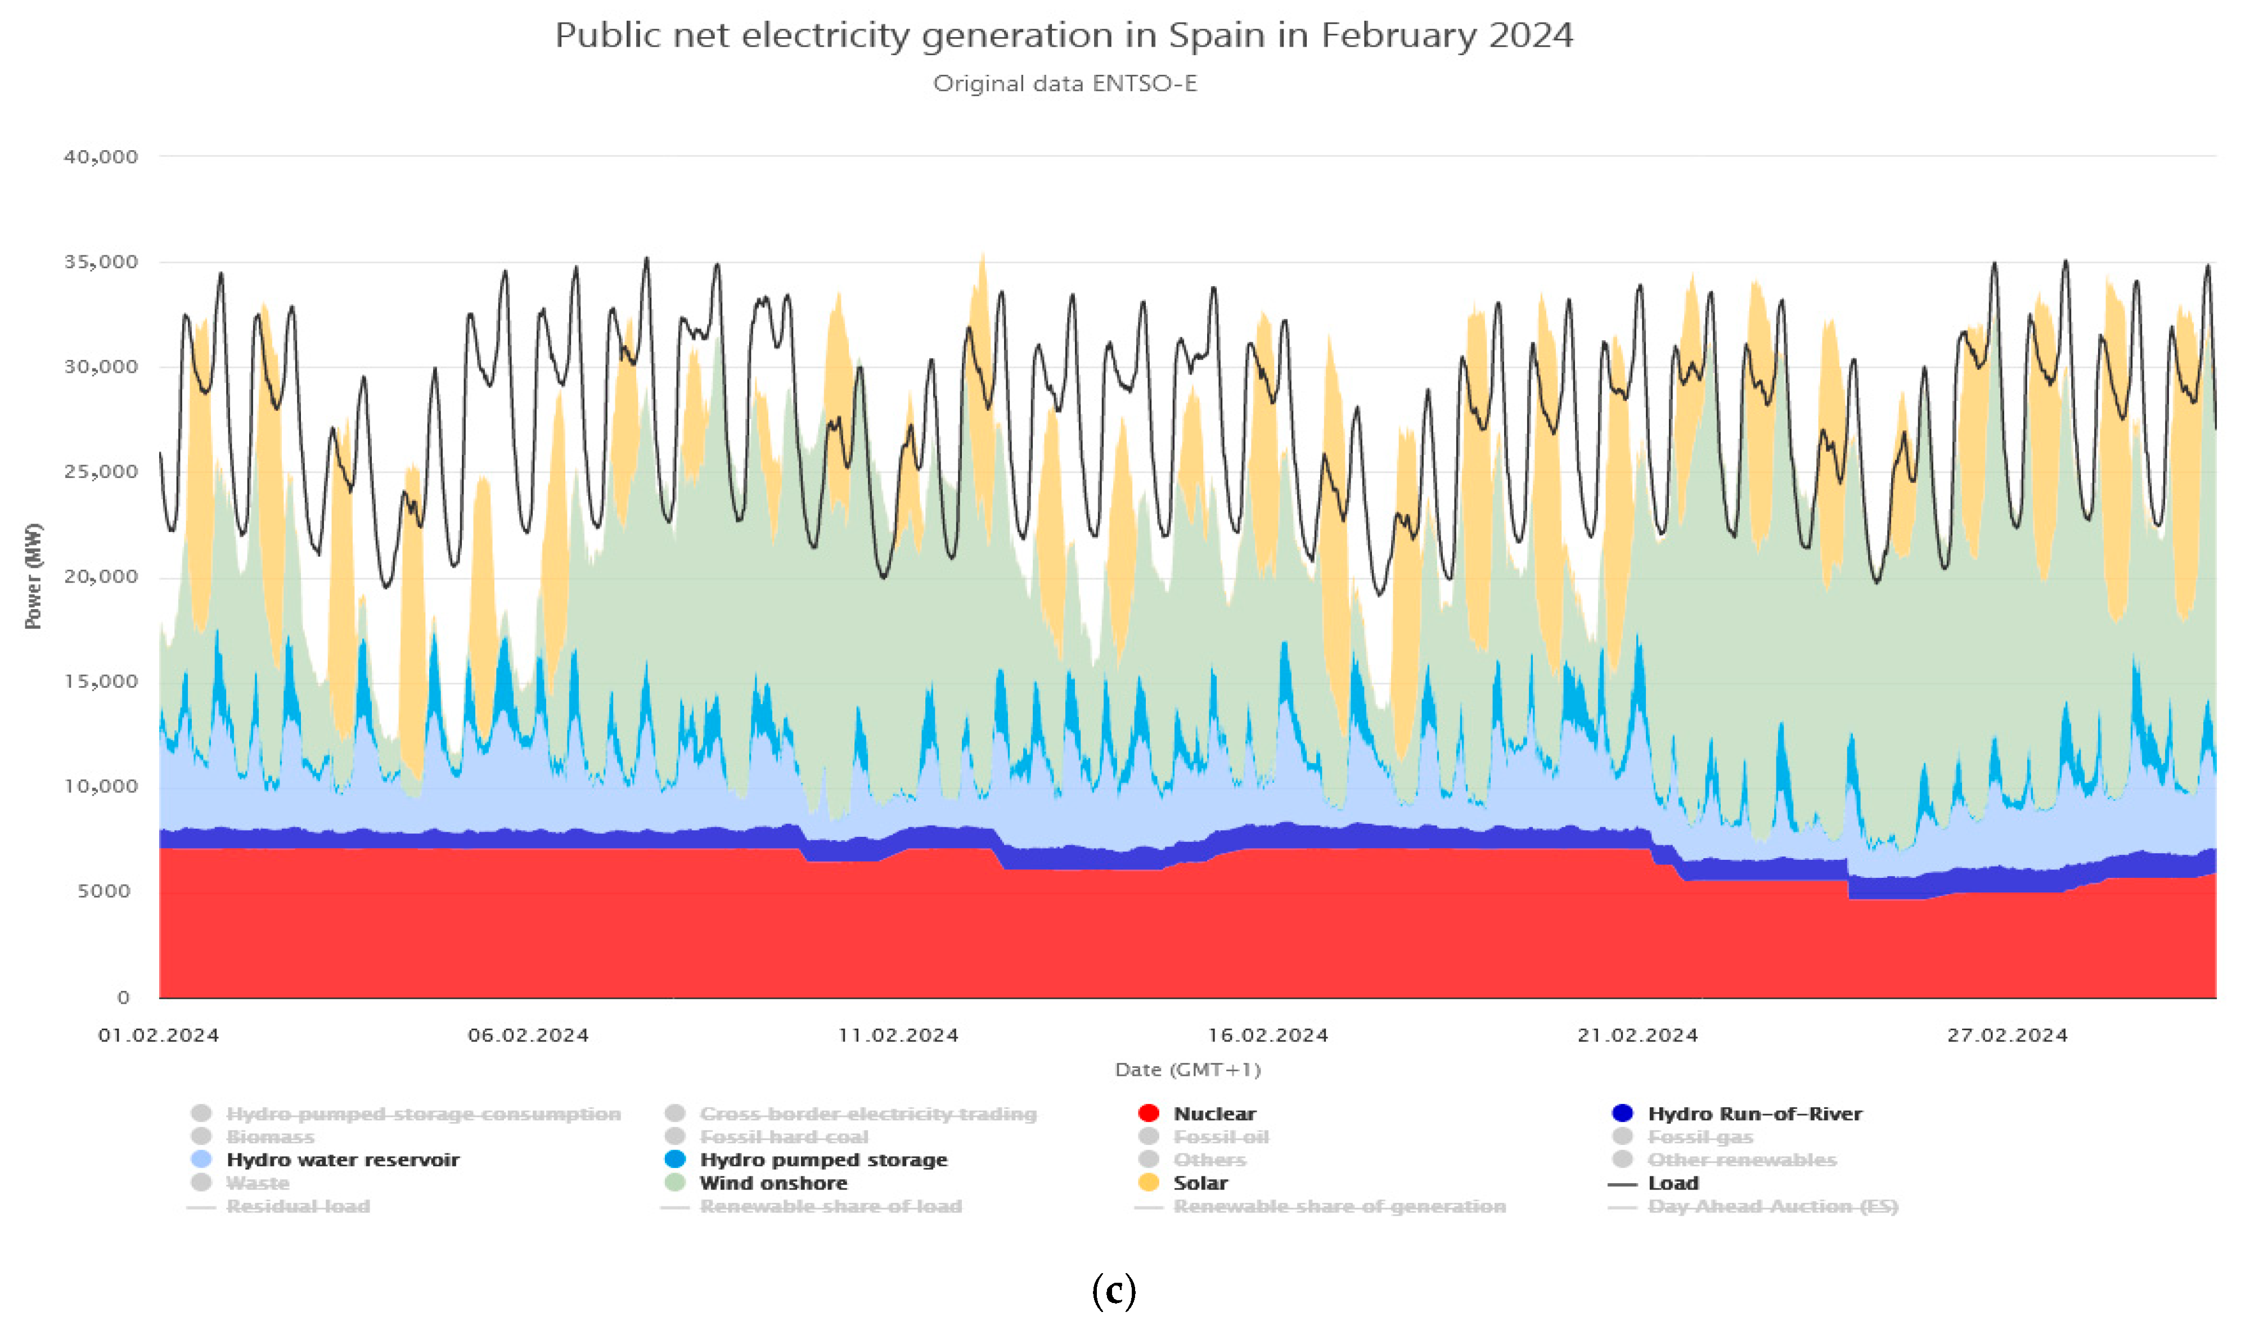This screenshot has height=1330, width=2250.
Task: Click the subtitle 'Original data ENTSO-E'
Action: [1064, 83]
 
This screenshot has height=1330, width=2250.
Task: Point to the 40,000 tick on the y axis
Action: [100, 157]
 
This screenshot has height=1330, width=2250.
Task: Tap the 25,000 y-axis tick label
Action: [100, 471]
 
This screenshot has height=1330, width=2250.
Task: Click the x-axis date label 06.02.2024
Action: [528, 1035]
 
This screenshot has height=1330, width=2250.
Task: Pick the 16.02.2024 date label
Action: [1267, 1035]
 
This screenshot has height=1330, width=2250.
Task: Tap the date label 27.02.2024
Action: [2007, 1035]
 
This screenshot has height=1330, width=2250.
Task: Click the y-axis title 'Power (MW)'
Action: [33, 576]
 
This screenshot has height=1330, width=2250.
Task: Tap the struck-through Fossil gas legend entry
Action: [1700, 1137]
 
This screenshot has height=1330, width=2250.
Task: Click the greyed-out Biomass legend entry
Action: [270, 1137]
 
